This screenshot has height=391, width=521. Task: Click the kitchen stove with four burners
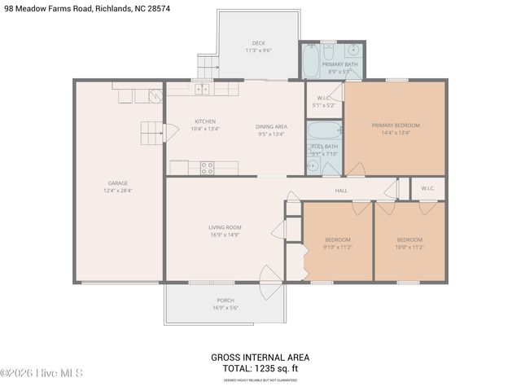207,168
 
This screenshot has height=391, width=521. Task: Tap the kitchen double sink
202,89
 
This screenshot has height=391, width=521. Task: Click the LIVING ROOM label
225,227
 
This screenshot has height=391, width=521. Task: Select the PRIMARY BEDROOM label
396,125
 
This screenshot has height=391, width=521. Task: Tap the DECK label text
258,42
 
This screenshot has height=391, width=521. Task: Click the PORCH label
225,300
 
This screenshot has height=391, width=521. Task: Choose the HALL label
341,191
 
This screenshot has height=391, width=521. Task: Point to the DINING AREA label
271,126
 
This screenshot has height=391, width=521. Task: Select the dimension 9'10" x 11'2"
338,247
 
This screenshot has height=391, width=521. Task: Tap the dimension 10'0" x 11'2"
409,247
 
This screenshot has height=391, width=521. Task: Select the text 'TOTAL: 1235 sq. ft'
260,367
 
